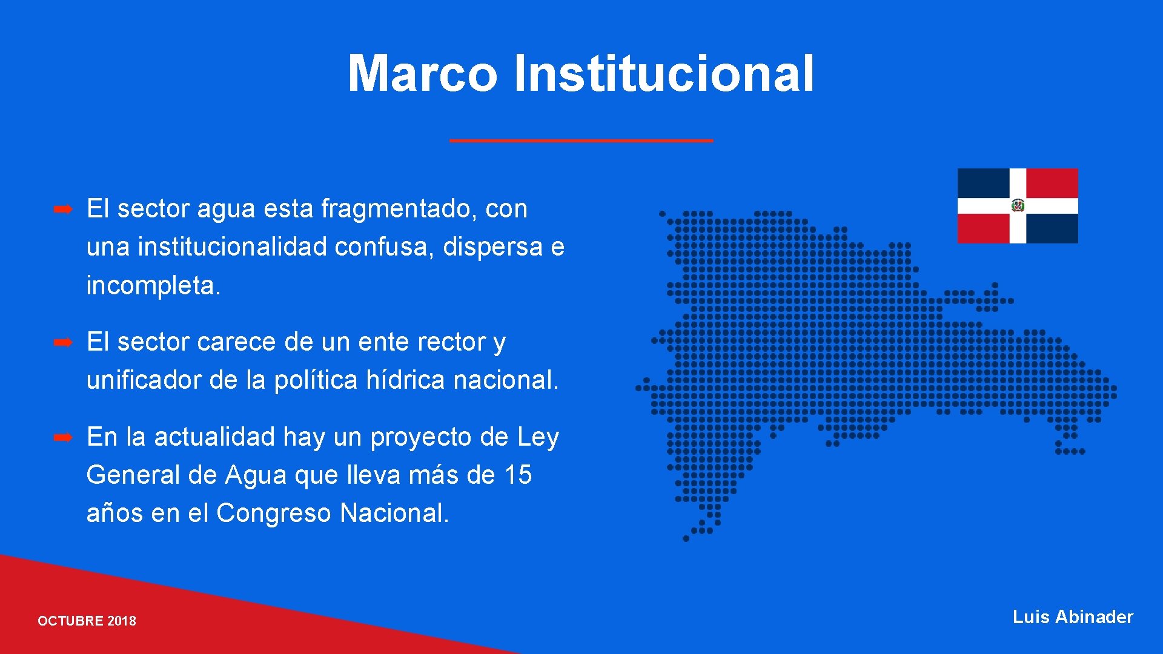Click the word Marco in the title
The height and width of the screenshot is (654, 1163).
click(x=422, y=73)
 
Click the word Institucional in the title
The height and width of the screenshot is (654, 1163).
click(x=664, y=73)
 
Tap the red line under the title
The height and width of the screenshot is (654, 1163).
click(x=581, y=140)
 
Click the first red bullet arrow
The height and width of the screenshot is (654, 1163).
click(x=63, y=210)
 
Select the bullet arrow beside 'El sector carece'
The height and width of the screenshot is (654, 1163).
click(x=63, y=343)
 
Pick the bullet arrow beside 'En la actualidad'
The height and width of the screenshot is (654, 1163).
click(x=63, y=437)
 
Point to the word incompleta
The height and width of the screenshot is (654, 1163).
click(x=153, y=285)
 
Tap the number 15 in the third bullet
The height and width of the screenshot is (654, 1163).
click(x=518, y=475)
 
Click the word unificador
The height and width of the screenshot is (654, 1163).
click(x=144, y=380)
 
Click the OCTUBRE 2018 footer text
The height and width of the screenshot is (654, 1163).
click(x=87, y=621)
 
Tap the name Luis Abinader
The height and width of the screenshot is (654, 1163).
click(x=1072, y=617)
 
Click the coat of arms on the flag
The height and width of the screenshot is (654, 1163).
click(x=1018, y=206)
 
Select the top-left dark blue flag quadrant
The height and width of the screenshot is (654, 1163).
click(x=983, y=183)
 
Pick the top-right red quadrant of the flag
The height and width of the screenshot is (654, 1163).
click(x=1052, y=183)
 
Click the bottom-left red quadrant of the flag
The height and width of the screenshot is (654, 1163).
click(x=983, y=228)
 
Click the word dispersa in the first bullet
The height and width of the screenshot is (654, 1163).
click(x=492, y=247)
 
